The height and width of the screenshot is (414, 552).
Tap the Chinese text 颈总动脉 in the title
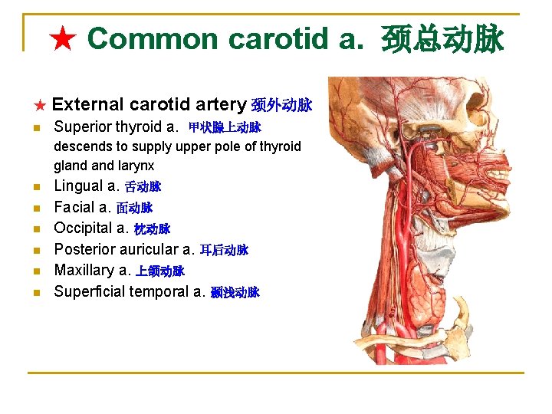[442, 39]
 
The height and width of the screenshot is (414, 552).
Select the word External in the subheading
[88, 104]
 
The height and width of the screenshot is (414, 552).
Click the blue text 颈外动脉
[281, 105]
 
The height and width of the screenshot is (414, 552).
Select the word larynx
[135, 165]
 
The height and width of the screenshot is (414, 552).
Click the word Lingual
[77, 186]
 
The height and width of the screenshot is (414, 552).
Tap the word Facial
[74, 207]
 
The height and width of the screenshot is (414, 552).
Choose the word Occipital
[83, 228]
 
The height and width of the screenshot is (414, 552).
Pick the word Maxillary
[82, 270]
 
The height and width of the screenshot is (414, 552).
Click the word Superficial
[90, 291]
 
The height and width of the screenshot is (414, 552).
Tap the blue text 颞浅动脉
[235, 292]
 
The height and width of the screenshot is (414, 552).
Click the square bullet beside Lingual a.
[37, 187]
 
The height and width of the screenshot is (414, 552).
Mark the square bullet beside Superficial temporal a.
[37, 293]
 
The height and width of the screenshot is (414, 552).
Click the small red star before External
[41, 105]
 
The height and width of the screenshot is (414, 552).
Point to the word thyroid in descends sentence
[279, 146]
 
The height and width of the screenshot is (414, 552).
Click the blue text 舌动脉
[143, 186]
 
